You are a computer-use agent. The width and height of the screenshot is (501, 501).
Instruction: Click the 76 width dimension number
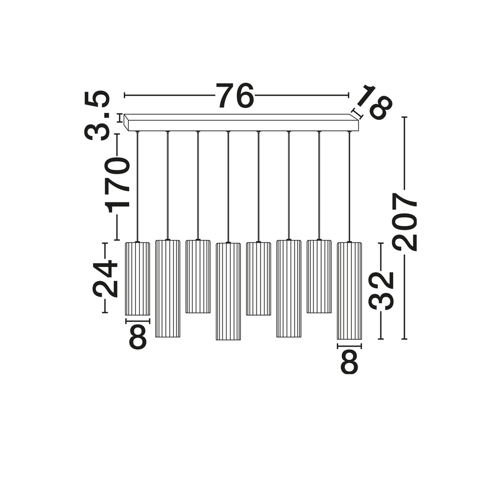click(235, 95)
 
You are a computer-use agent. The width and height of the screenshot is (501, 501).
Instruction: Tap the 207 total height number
click(405, 221)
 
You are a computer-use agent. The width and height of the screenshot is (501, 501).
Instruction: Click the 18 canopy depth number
click(374, 102)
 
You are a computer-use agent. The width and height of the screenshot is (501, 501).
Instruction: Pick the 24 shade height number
click(105, 278)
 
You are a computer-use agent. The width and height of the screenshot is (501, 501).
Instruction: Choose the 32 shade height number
click(381, 291)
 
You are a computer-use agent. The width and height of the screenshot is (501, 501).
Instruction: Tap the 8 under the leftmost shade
click(138, 337)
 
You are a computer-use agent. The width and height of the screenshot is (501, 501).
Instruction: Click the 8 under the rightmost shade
click(350, 362)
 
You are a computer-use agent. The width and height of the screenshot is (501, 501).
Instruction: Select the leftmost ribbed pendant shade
click(137, 279)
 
